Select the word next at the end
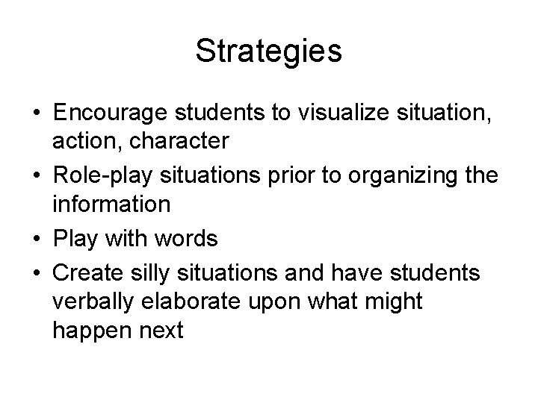158,331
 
